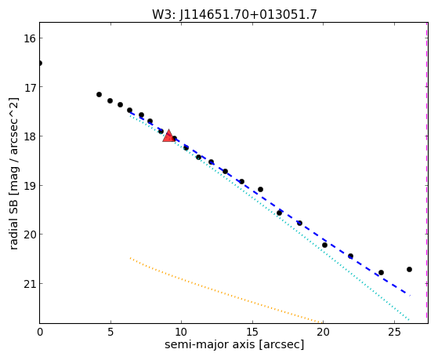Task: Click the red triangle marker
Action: (x=168, y=136)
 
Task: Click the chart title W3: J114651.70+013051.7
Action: (x=234, y=15)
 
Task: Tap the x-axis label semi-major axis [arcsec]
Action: (x=234, y=344)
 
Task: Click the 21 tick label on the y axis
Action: (x=29, y=284)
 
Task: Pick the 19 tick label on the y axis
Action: (x=29, y=185)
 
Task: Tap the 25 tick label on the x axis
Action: (x=394, y=332)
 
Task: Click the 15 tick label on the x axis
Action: (x=252, y=332)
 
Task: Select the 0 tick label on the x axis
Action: (x=40, y=332)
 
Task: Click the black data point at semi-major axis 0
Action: (x=40, y=64)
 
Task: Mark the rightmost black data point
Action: (x=409, y=269)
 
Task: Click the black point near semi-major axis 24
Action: (x=381, y=272)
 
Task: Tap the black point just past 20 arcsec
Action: (x=324, y=245)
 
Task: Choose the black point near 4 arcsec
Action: (x=99, y=95)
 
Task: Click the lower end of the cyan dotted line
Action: (x=409, y=320)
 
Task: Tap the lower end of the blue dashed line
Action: (x=410, y=296)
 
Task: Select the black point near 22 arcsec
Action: (x=350, y=256)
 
